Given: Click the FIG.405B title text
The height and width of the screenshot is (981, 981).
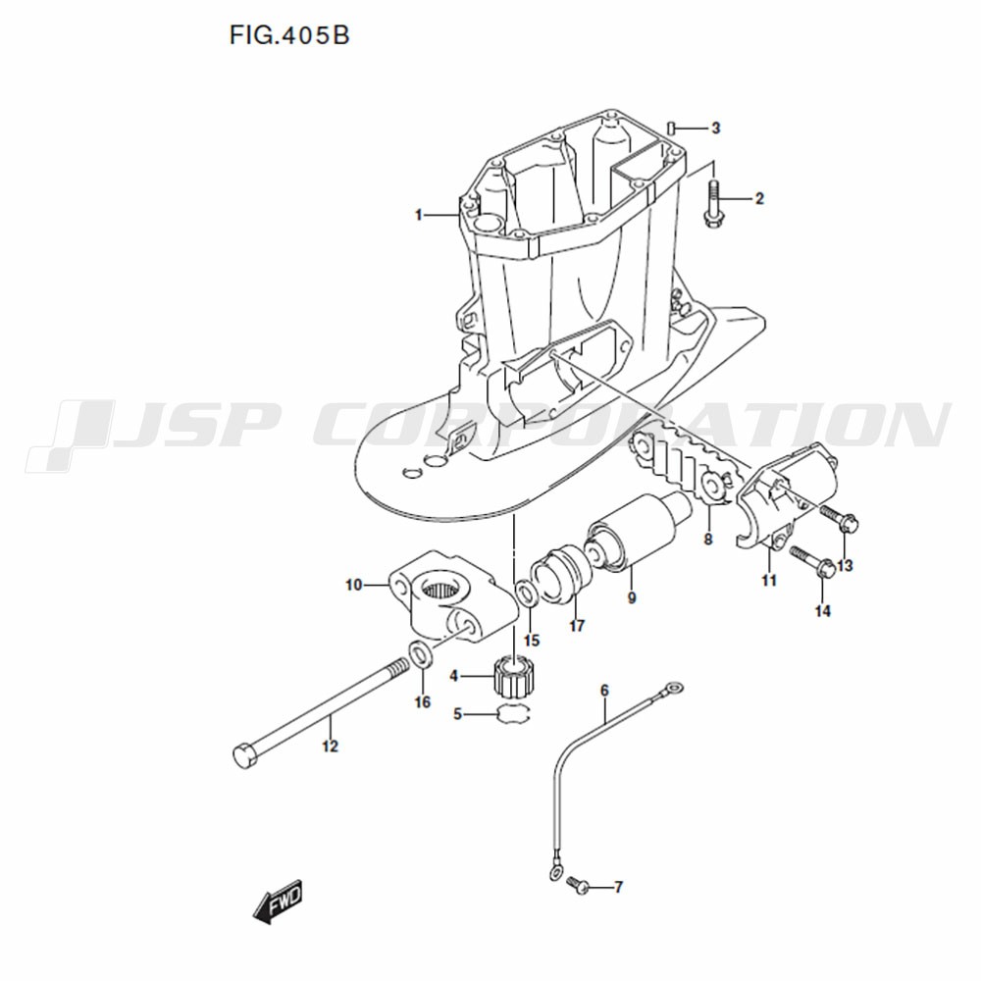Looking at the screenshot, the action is click(289, 35).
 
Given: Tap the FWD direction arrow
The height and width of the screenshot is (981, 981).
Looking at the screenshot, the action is click(278, 902).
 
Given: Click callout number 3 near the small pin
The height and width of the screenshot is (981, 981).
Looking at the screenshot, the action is click(716, 129).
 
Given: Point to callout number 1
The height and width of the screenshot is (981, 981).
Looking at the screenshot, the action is click(419, 215).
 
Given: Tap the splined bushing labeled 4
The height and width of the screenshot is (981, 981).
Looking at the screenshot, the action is click(514, 677).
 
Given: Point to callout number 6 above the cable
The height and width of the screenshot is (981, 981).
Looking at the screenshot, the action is click(604, 690).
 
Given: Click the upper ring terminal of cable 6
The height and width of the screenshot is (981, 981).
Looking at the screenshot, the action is click(674, 687).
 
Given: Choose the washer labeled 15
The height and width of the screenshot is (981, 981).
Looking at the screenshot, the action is click(525, 593).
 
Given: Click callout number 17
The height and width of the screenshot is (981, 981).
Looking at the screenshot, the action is click(577, 625).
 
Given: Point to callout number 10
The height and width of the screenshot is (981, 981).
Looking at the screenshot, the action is click(354, 585).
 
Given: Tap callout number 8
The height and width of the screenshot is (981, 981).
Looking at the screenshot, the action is click(707, 539).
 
